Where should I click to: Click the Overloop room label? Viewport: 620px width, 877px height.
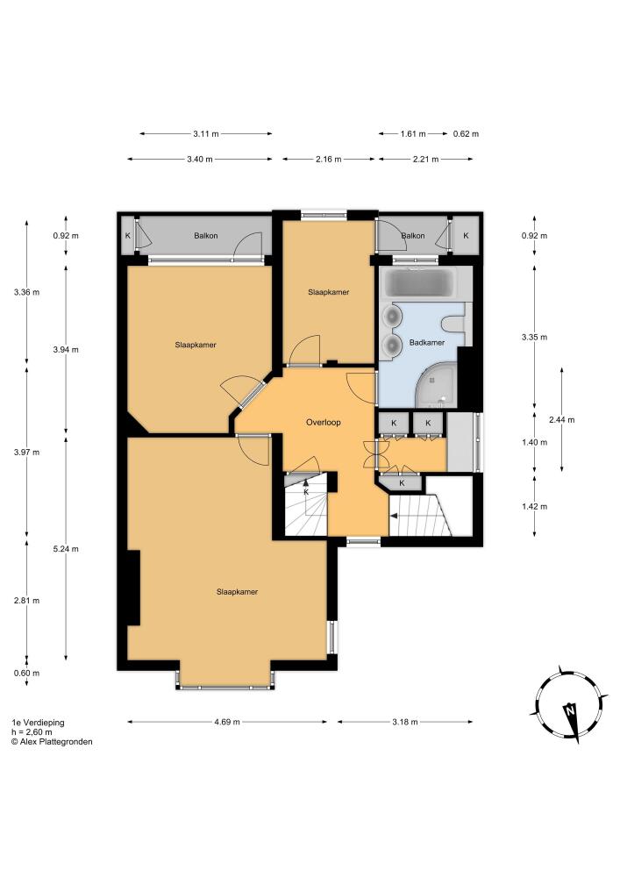(x=323, y=423)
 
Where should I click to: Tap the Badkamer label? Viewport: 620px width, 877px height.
(x=427, y=342)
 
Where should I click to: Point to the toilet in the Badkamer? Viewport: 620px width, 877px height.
(x=453, y=324)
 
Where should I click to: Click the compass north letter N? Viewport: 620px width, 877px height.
(x=570, y=711)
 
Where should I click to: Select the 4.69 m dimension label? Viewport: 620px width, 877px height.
(x=227, y=722)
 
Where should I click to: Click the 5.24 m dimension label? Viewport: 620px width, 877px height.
(x=66, y=549)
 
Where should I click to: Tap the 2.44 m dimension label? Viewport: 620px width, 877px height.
(x=562, y=419)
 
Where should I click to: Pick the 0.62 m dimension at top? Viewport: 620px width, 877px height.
(x=466, y=133)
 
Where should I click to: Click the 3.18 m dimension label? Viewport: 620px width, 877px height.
(x=405, y=722)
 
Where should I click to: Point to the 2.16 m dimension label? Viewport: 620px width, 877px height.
(x=328, y=159)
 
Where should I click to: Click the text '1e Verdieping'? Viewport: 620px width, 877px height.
(x=38, y=722)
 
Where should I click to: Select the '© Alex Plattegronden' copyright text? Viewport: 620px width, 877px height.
(x=52, y=742)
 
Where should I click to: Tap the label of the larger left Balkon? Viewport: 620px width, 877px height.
(x=206, y=235)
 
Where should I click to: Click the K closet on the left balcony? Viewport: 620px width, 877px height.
(x=127, y=235)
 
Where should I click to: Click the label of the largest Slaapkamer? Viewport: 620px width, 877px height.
(x=237, y=592)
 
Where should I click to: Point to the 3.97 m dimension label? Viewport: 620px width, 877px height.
(x=27, y=452)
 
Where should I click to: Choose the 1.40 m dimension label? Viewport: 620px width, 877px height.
(x=534, y=442)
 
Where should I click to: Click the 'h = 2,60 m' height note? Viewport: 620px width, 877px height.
(x=32, y=731)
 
